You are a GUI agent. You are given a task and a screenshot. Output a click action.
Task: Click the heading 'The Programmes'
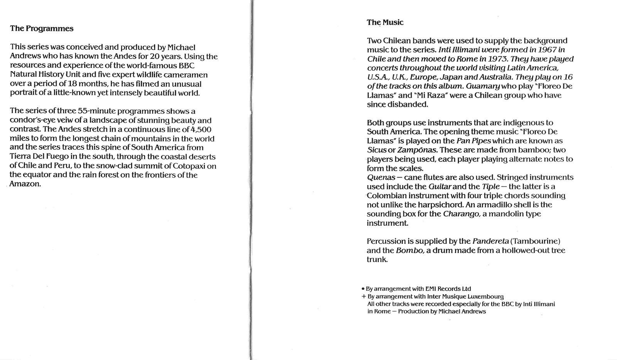coord(42,29)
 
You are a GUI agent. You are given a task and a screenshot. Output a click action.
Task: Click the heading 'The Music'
coord(385,22)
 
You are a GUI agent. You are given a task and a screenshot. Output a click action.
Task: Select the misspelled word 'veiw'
coord(61,120)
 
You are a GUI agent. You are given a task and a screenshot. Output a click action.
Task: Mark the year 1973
coord(488,59)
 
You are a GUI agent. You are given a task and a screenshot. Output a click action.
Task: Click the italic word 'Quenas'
coord(381,177)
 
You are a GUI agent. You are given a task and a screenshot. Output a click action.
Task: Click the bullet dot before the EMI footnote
coord(363,289)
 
